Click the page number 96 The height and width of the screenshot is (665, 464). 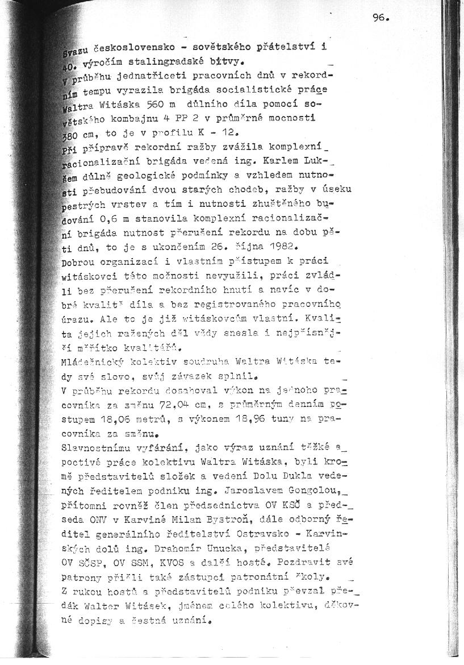coord(380,18)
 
